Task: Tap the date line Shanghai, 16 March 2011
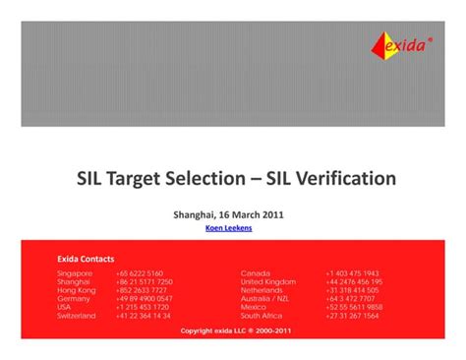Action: (229, 213)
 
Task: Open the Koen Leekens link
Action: (229, 228)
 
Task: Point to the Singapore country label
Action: (75, 272)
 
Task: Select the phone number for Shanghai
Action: (144, 281)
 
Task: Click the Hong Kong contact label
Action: (77, 290)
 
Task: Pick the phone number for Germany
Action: (144, 299)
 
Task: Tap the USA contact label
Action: (65, 308)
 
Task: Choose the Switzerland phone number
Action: (144, 316)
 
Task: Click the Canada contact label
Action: (256, 272)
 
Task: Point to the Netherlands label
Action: (262, 290)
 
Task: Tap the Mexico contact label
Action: (254, 308)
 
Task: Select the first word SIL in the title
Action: (94, 179)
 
